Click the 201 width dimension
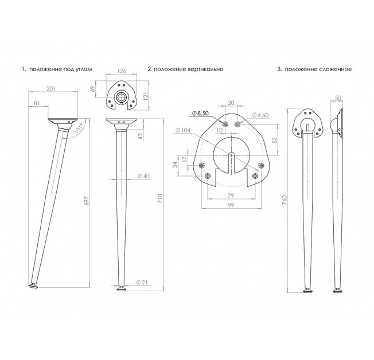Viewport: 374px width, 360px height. [51, 88]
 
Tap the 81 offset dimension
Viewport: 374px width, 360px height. [37, 103]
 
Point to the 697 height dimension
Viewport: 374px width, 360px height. [87, 201]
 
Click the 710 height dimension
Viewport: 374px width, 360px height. [160, 198]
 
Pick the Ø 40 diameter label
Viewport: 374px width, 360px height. [143, 176]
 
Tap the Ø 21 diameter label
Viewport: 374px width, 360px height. [142, 282]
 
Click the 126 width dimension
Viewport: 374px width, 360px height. [122, 71]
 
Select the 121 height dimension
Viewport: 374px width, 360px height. [146, 96]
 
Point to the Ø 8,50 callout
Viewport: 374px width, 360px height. [200, 114]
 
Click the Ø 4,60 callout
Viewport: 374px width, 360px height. [260, 115]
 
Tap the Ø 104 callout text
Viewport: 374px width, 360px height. [183, 130]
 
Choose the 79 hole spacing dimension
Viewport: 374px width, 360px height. [231, 195]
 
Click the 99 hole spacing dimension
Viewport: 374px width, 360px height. [231, 205]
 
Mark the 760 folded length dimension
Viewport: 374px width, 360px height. [284, 200]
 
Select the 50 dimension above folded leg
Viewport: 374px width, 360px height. [338, 98]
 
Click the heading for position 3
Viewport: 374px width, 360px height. [314, 69]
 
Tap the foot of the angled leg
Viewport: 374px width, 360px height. [33, 285]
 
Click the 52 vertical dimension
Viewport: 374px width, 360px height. [275, 140]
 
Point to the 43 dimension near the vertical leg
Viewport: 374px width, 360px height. [141, 136]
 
